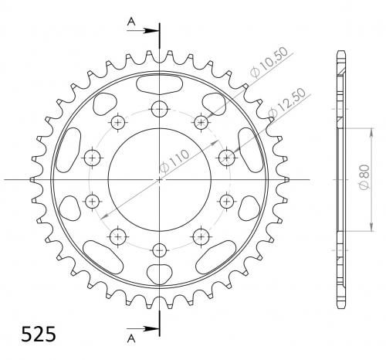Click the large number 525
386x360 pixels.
pos(39,335)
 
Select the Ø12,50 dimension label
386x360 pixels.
pos(286,102)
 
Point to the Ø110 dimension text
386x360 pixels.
pos(174,161)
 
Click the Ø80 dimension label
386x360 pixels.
pos(364,177)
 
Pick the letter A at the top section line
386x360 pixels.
pos(131,22)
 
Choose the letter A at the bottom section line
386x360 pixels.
pos(131,338)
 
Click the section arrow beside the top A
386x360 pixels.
pos(142,31)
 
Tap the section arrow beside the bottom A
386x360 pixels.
pos(142,328)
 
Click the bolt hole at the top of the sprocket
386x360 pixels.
pos(160,109)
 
